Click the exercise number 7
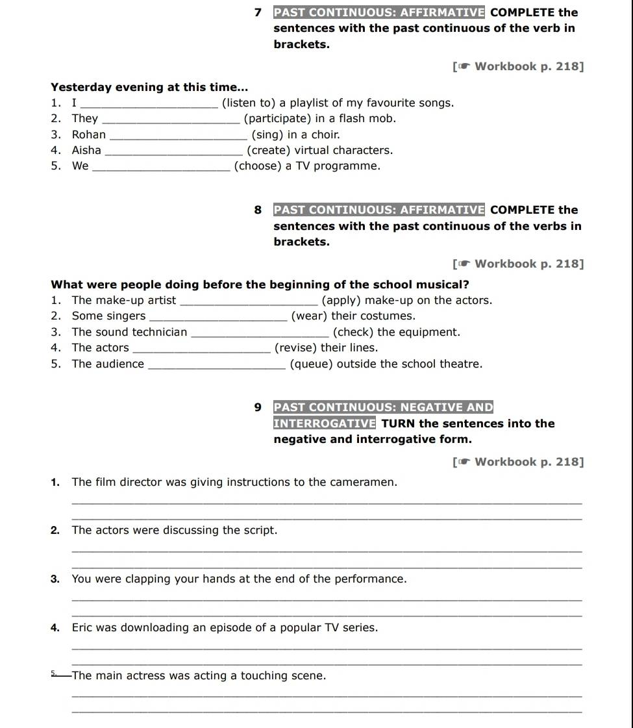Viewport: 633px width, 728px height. coord(258,12)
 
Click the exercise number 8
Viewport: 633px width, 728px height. coord(258,210)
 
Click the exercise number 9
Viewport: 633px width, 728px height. coord(258,408)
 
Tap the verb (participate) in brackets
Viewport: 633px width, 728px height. coord(277,118)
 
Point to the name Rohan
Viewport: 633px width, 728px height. coord(89,134)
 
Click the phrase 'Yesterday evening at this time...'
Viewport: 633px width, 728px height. coord(150,87)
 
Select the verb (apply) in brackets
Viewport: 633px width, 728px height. coord(343,300)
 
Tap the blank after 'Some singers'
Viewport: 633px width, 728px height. coord(217,318)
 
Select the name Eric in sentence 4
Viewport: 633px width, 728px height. coord(83,627)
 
